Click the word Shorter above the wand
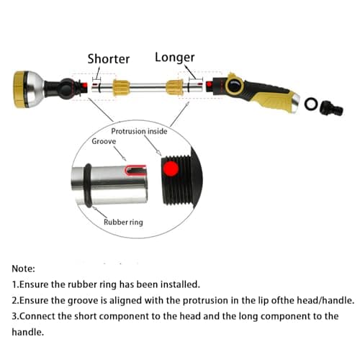point(108,58)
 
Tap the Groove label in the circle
point(104,142)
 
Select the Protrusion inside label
point(139,132)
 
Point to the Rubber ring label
point(123,222)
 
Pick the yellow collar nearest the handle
point(174,88)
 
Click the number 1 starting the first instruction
point(15,284)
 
